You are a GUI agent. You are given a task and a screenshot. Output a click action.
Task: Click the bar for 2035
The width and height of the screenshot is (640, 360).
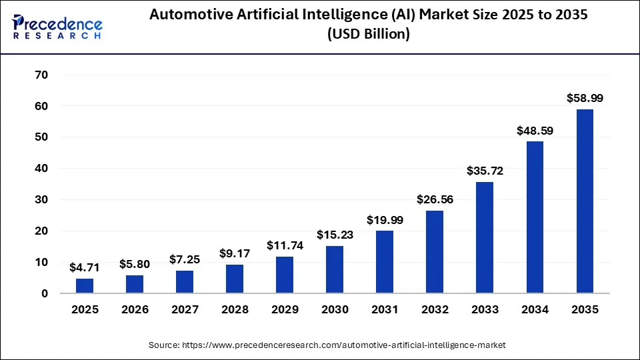tap(585, 201)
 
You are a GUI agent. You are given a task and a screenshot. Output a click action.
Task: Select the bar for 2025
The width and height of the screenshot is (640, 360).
tap(85, 285)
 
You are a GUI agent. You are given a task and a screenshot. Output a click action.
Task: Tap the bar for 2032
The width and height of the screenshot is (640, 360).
tap(435, 251)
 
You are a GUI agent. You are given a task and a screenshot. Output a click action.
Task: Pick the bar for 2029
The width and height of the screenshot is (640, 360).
tap(285, 275)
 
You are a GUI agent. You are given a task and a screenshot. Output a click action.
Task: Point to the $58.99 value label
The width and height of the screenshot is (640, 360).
tap(585, 98)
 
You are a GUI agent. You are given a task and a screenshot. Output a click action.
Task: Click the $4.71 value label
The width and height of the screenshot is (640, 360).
tap(85, 267)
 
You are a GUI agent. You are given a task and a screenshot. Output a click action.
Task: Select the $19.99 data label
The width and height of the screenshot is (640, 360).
tap(385, 219)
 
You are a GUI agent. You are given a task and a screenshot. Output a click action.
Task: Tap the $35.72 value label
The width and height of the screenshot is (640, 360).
tap(485, 171)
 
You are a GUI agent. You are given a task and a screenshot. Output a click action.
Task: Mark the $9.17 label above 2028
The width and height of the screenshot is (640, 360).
tap(235, 253)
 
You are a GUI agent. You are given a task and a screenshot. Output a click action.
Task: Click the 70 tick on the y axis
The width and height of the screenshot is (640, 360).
tap(41, 75)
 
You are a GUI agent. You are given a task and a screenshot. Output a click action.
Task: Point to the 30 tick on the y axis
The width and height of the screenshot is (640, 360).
tap(41, 200)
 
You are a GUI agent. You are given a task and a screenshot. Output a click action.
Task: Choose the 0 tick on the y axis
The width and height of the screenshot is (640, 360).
tap(44, 293)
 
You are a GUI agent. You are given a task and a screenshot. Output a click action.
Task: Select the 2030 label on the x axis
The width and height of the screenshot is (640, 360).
tap(335, 310)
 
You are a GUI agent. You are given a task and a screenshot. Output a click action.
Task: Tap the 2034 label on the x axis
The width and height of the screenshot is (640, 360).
tap(535, 310)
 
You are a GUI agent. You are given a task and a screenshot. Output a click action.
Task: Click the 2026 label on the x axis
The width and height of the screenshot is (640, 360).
tap(135, 310)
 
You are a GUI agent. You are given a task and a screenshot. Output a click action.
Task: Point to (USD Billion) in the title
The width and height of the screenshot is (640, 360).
tap(368, 34)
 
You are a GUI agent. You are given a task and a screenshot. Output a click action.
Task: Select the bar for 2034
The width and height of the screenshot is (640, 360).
tap(535, 217)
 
